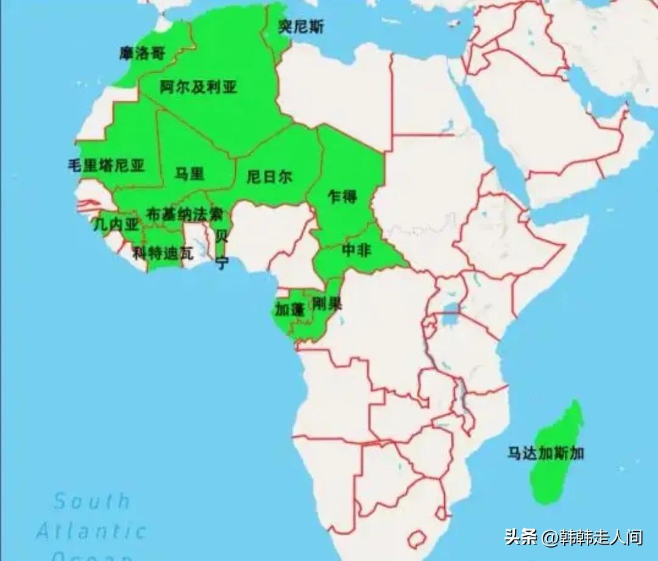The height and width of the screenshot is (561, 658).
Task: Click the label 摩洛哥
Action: (142, 54)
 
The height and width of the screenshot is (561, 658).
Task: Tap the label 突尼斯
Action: (301, 27)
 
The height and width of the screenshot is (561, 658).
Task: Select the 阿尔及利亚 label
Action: (198, 87)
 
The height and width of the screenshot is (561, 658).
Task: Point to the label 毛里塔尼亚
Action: (107, 166)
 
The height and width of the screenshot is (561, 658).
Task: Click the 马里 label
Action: (189, 174)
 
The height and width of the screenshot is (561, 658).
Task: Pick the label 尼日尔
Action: (269, 177)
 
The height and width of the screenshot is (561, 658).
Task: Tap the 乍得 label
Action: (342, 197)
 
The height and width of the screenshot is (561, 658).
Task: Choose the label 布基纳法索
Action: (185, 214)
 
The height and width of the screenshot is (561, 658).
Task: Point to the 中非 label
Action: (356, 250)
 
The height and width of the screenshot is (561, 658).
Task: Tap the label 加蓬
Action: (289, 309)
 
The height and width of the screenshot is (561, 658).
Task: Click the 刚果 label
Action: (327, 303)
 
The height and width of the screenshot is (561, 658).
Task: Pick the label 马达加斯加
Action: (546, 453)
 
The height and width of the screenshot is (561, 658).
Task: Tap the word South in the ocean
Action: (92, 501)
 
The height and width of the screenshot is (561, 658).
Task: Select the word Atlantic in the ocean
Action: (91, 531)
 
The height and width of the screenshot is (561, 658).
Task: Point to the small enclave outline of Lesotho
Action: (417, 539)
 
